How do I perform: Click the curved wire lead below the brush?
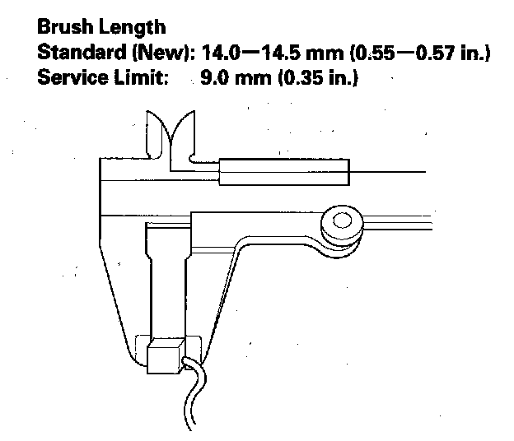coord(194,395)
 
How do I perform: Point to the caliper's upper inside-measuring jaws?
coord(170,132)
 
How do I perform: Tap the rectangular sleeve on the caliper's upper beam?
coord(284,171)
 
